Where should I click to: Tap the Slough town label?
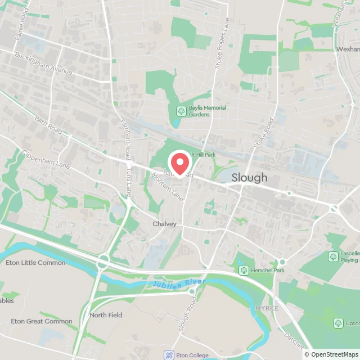coord(250,178)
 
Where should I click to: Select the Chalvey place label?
coord(164,224)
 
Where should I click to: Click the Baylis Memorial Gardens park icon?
coord(181,111)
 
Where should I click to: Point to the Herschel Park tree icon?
coord(244,271)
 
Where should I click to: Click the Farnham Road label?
coord(125,136)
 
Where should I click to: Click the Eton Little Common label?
coord(35,263)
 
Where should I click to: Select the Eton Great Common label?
coord(42,321)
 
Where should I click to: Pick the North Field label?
coord(106,315)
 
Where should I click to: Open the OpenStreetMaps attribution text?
coord(331,354)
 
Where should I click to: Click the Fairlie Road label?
coord(22,31)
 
